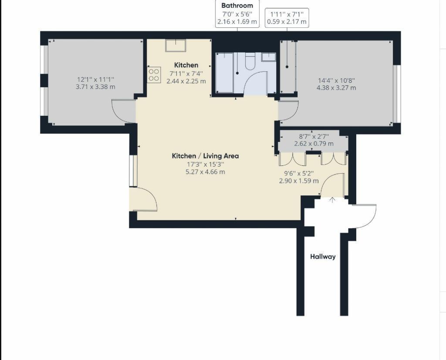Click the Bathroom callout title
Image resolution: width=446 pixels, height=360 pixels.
[237, 6]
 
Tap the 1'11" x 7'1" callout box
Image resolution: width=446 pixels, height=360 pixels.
[287, 18]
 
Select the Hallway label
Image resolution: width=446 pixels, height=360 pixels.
[323, 256]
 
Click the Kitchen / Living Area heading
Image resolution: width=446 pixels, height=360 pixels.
[205, 156]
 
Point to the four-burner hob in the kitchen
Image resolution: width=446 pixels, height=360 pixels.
[154, 75]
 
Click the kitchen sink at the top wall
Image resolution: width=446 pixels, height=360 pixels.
[175, 45]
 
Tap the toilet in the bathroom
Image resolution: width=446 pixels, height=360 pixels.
[250, 61]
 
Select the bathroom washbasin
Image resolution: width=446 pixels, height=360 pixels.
[268, 57]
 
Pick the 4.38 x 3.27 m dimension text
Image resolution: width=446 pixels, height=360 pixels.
[336, 87]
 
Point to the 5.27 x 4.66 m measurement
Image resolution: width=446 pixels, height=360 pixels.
[205, 172]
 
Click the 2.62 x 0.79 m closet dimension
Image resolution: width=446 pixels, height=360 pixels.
[314, 144]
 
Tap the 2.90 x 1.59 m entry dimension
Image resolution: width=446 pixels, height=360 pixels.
[299, 181]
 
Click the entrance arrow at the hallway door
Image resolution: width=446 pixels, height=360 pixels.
[332, 200]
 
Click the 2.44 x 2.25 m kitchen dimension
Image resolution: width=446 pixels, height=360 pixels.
[186, 81]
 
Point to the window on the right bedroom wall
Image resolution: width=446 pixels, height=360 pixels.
[396, 94]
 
